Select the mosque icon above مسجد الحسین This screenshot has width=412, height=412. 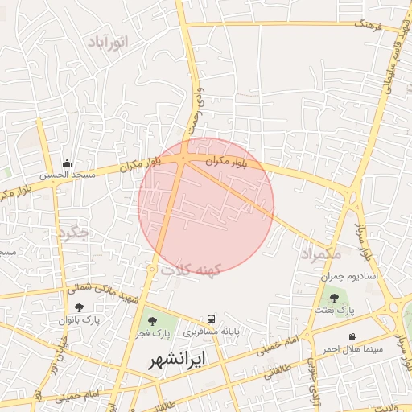tap(67, 162)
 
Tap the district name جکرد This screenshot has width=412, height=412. tap(73, 233)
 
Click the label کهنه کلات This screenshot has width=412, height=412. tap(191, 270)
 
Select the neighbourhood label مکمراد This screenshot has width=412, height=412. tap(320, 254)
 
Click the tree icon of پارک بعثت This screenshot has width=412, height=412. tap(334, 298)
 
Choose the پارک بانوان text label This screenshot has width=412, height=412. tap(78, 319)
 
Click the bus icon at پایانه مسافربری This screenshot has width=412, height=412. tap(211, 319)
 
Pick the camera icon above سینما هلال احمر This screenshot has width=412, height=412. tap(352, 336)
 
